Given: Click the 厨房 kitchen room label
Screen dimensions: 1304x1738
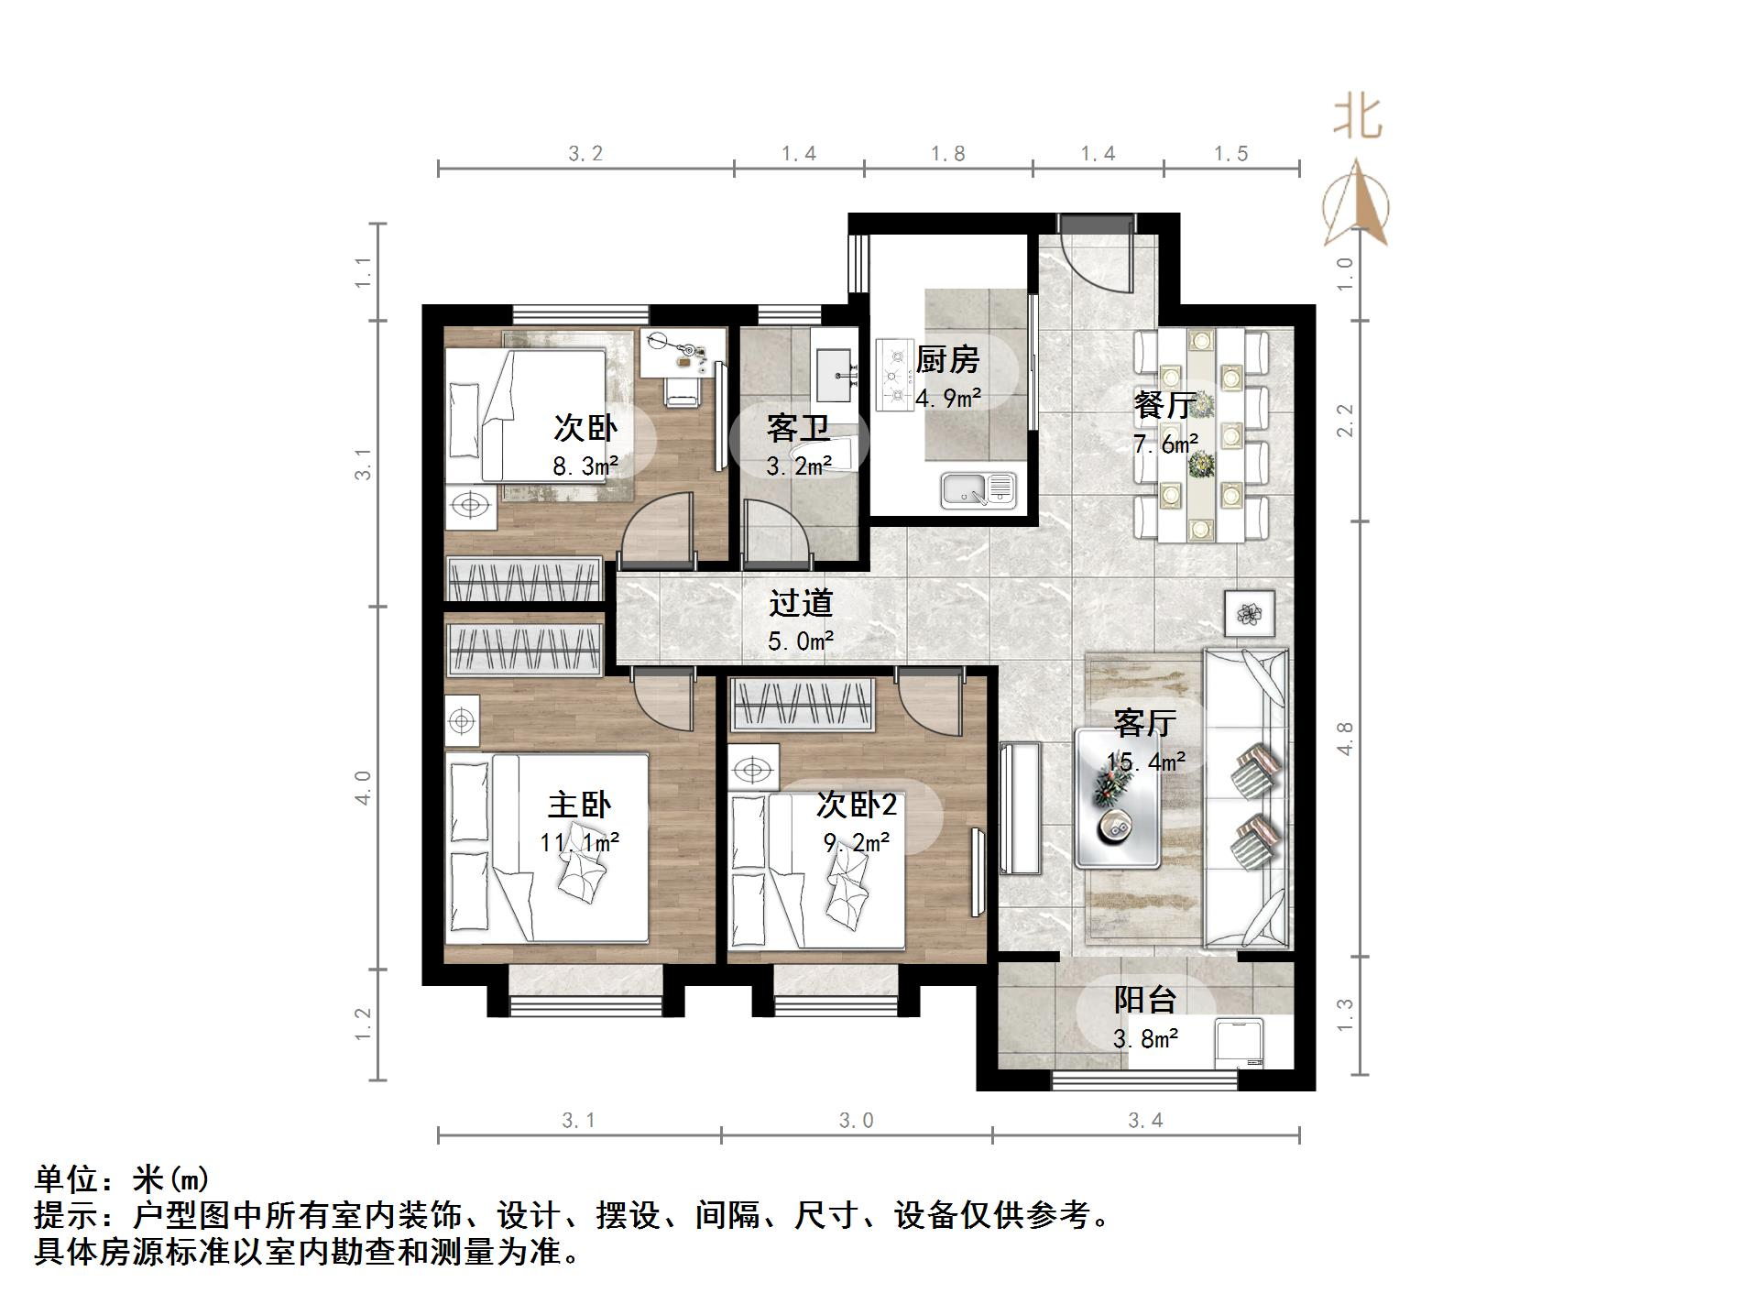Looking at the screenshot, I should tap(947, 359).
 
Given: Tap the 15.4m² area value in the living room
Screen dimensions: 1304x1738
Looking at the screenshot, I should tap(1145, 762).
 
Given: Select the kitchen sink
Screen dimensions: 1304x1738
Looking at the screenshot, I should tap(978, 489).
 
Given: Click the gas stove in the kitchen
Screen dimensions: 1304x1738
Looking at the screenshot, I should tap(892, 374).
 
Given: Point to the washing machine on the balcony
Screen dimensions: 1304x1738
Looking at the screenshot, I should tap(1240, 1043).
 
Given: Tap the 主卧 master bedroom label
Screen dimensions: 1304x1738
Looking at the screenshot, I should tap(579, 805).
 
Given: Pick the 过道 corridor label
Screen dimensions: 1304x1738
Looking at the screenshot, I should tap(801, 603).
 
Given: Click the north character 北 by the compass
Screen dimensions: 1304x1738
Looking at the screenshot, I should tap(1357, 118).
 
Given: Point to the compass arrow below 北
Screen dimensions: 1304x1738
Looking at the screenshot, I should tap(1357, 206).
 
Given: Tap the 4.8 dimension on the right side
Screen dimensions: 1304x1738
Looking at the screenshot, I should tap(1345, 739).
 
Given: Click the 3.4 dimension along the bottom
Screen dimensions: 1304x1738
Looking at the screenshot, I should tap(1145, 1120).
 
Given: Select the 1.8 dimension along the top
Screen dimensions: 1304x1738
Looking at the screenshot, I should tap(947, 154).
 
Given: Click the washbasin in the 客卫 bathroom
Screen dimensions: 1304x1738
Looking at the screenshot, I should tap(833, 375).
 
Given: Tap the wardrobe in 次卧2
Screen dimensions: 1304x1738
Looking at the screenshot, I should tap(802, 705).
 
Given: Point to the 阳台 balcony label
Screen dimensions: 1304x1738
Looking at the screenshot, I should tap(1144, 1000).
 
